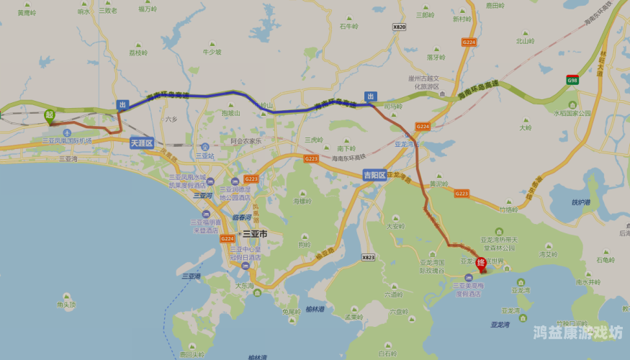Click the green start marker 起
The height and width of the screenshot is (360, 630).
tap(49, 115)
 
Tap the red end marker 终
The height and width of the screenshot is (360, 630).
tap(481, 264)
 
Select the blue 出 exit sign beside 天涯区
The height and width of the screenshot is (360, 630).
tap(122, 105)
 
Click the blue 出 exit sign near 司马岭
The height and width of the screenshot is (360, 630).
tap(370, 96)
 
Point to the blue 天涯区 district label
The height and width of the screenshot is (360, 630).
tap(142, 143)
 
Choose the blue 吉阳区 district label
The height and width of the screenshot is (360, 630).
tap(374, 174)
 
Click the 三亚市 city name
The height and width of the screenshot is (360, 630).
tap(255, 234)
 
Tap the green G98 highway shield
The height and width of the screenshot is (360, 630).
tap(572, 80)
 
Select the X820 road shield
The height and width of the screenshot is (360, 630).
tap(400, 27)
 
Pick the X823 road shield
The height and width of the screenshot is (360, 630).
tap(369, 257)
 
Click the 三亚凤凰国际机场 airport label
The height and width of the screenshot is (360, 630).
tap(67, 140)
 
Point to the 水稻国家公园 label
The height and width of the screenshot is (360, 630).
tap(572, 113)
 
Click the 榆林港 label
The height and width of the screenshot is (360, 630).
tap(315, 310)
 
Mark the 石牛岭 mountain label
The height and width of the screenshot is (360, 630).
tap(348, 27)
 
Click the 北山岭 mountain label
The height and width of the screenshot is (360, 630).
tap(525, 41)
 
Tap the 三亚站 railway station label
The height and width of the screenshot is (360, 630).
tap(205, 155)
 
